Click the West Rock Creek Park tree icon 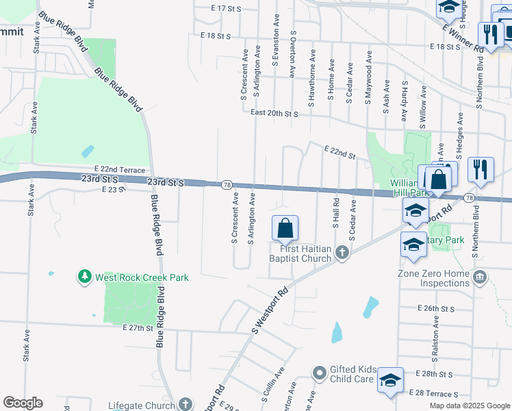pyautogui.click(x=85, y=277)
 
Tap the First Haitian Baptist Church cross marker pyautogui.click(x=343, y=254)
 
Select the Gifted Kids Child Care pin pyautogui.click(x=319, y=373)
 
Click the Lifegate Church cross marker pyautogui.click(x=185, y=406)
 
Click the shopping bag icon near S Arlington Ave pyautogui.click(x=285, y=228)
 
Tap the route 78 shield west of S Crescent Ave pyautogui.click(x=225, y=185)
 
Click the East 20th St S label pyautogui.click(x=274, y=113)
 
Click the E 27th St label pyautogui.click(x=137, y=328)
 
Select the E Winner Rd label pyautogui.click(x=463, y=38)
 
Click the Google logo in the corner pyautogui.click(x=23, y=403)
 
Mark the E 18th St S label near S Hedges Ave pyautogui.click(x=445, y=47)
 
